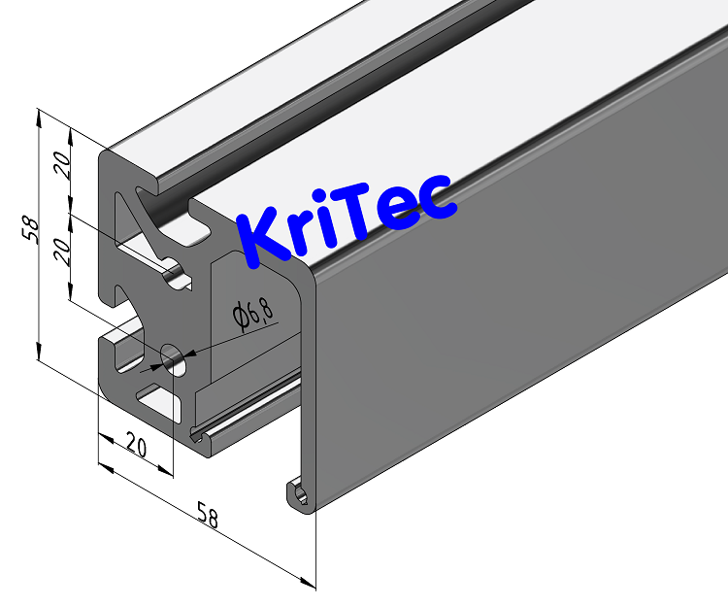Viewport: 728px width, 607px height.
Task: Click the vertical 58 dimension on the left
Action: pyautogui.click(x=31, y=229)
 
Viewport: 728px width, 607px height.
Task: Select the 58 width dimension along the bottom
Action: pyautogui.click(x=207, y=516)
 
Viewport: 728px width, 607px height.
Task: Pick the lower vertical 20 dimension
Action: pyautogui.click(x=61, y=253)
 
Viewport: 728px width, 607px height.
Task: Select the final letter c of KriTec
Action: pyautogui.click(x=438, y=200)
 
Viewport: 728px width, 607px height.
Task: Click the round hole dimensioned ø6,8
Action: pyautogui.click(x=176, y=360)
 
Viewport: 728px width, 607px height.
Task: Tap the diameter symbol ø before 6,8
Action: pyautogui.click(x=238, y=317)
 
